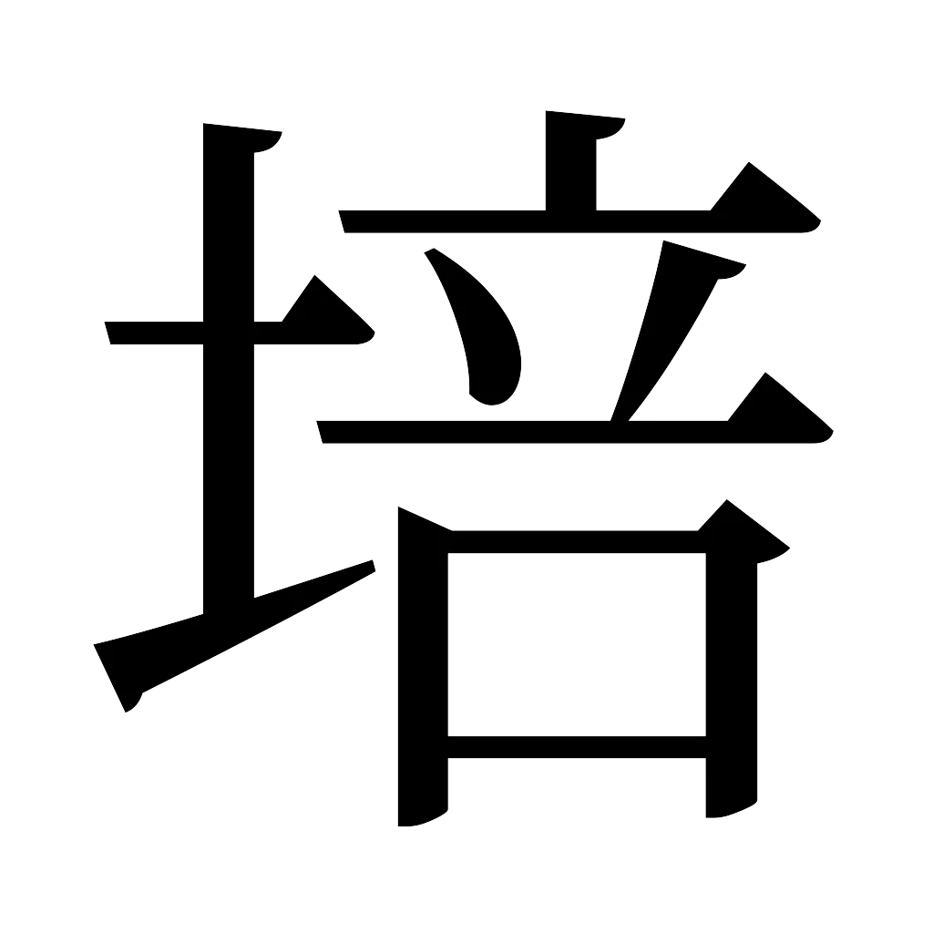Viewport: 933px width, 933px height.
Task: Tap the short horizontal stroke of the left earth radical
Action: (155, 334)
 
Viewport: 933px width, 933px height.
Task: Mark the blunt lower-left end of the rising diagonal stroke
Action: (118, 674)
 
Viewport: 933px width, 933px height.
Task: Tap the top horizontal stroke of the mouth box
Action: (574, 539)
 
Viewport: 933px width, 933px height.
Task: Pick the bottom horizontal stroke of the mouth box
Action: (574, 747)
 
